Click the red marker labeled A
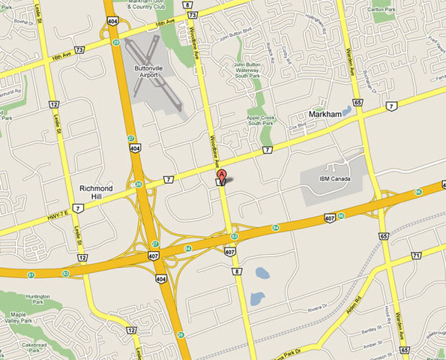[x=222, y=175]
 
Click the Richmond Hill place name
[x=96, y=191]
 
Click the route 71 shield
[x=415, y=256]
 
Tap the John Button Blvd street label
[x=232, y=34]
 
